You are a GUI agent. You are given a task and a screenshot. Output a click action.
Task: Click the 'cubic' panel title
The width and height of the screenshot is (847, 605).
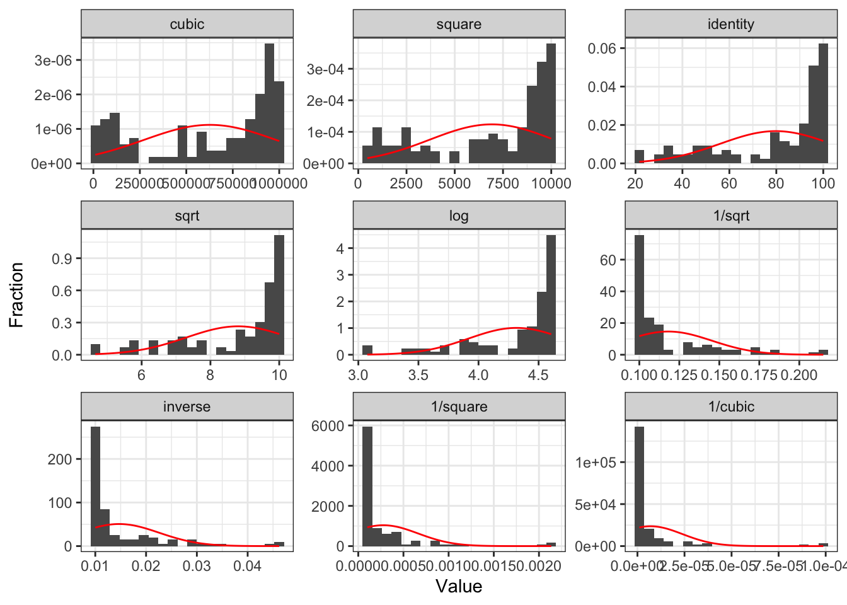pos(187,24)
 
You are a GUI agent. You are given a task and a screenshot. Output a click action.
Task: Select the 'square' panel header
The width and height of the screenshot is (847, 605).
pos(459,24)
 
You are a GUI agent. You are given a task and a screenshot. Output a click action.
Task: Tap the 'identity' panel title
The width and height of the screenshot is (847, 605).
pos(730,24)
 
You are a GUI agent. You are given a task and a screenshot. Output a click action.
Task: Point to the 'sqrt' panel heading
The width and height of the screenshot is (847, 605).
pos(187,216)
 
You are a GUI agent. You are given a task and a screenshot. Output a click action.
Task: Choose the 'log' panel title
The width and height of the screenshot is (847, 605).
pos(459,216)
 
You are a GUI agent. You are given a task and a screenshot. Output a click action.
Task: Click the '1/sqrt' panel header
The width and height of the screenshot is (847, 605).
pos(730,216)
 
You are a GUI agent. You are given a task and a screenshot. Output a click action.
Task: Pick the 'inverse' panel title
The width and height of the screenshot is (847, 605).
pos(187,406)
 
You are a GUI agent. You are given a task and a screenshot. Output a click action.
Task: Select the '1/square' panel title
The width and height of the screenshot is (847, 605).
pos(459,406)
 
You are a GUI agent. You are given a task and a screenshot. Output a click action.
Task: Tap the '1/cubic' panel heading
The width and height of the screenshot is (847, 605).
pos(730,406)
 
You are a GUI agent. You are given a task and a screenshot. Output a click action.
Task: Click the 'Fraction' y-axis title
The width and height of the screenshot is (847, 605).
pos(16,294)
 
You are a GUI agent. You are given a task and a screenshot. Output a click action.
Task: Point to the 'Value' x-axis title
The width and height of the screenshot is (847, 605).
pos(459,586)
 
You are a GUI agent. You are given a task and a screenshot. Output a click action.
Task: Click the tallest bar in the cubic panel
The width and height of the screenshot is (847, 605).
pos(269,104)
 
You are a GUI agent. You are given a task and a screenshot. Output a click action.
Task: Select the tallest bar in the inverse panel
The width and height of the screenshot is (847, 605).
pos(96,486)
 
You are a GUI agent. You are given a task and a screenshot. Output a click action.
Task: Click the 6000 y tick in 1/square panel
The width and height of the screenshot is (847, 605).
pos(328,426)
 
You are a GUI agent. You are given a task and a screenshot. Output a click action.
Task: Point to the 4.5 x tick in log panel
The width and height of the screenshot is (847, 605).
pos(538,375)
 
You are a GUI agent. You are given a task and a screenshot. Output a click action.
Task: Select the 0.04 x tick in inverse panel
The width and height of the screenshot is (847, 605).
pos(248,566)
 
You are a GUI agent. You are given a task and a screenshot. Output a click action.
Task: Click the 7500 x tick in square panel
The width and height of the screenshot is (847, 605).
pos(503,183)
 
